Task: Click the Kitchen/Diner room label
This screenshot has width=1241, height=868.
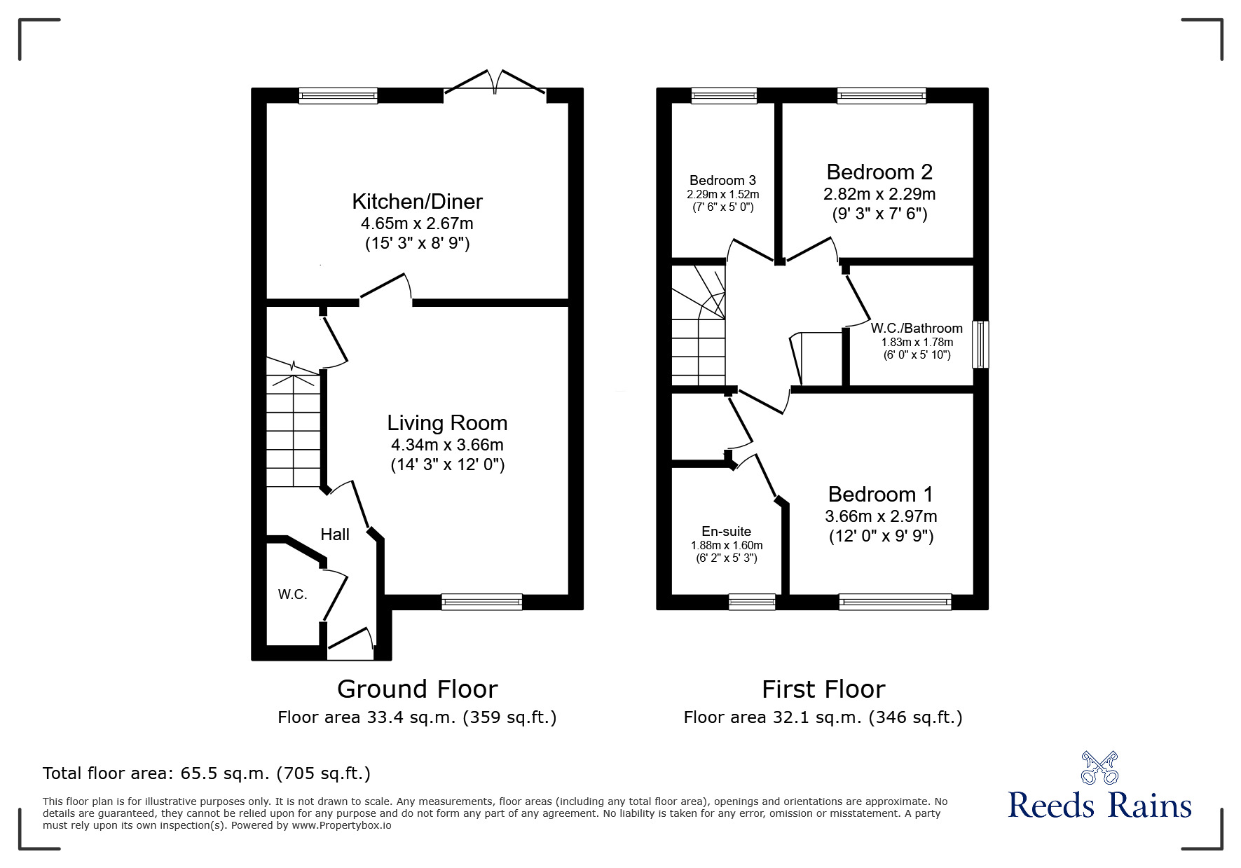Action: (x=417, y=202)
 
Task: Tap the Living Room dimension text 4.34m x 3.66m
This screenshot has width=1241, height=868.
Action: (x=447, y=445)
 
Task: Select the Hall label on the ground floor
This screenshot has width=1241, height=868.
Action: (x=335, y=535)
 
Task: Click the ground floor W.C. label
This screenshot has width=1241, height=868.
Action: (x=292, y=595)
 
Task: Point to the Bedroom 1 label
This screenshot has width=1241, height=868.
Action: (x=881, y=495)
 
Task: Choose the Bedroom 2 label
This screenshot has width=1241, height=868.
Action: (x=879, y=172)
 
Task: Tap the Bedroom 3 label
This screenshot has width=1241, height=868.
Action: (x=722, y=181)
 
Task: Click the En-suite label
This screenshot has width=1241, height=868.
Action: (x=726, y=532)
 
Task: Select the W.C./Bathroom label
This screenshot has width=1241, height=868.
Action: (x=917, y=328)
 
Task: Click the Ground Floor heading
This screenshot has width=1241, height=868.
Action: (x=417, y=689)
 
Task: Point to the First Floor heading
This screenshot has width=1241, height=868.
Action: (x=823, y=689)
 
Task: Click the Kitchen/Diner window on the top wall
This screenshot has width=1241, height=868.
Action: (x=338, y=96)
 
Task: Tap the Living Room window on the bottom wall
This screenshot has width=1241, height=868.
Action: (x=482, y=602)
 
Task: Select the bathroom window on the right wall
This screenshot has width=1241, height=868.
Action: (x=980, y=344)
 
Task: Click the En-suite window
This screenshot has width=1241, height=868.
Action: (x=752, y=602)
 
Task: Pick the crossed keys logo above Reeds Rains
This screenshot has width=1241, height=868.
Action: (x=1099, y=768)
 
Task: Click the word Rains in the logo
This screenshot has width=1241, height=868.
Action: (x=1151, y=806)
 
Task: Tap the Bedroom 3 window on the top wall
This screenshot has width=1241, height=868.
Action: (x=725, y=96)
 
